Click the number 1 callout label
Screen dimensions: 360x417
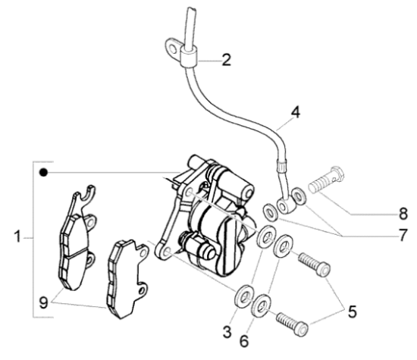click(15, 238)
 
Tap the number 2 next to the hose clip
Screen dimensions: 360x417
click(226, 59)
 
